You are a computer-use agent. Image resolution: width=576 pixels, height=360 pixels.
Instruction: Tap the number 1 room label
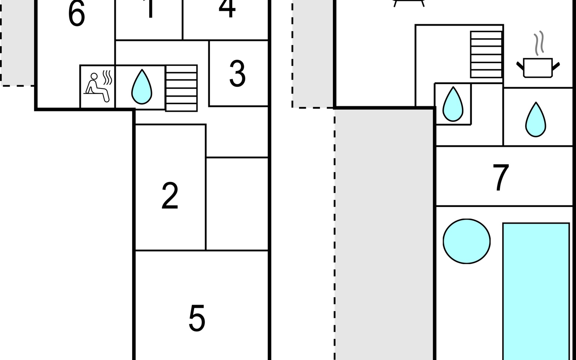pyautogui.click(x=150, y=9)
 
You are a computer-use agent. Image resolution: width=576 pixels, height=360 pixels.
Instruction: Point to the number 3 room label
pyautogui.click(x=237, y=74)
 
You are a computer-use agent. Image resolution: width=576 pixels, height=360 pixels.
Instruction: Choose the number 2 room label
pyautogui.click(x=170, y=196)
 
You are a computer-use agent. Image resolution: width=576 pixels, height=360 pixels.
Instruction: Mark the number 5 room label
pyautogui.click(x=197, y=318)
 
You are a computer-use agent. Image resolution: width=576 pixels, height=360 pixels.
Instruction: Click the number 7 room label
pyautogui.click(x=501, y=177)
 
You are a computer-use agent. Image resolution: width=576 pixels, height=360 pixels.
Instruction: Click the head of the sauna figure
pyautogui.click(x=94, y=76)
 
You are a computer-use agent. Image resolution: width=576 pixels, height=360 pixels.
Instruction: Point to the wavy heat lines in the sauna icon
pyautogui.click(x=108, y=77)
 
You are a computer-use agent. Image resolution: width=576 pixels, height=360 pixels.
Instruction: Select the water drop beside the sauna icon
pyautogui.click(x=142, y=87)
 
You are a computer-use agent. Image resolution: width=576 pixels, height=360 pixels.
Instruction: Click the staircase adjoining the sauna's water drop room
pyautogui.click(x=181, y=88)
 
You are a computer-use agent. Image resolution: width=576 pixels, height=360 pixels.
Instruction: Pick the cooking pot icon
pyautogui.click(x=538, y=68)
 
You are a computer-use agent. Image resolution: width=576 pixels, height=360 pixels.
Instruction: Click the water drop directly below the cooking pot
pyautogui.click(x=535, y=120)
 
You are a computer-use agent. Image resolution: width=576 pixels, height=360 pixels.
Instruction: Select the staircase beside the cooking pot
pyautogui.click(x=486, y=54)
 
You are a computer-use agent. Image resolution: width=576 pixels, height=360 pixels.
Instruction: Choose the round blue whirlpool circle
pyautogui.click(x=466, y=241)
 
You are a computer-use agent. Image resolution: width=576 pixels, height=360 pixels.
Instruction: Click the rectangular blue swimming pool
pyautogui.click(x=536, y=291)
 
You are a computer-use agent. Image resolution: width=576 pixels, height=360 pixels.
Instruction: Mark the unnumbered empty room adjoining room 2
pyautogui.click(x=237, y=203)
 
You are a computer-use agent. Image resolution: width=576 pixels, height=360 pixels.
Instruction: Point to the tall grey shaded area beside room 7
pyautogui.click(x=384, y=234)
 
